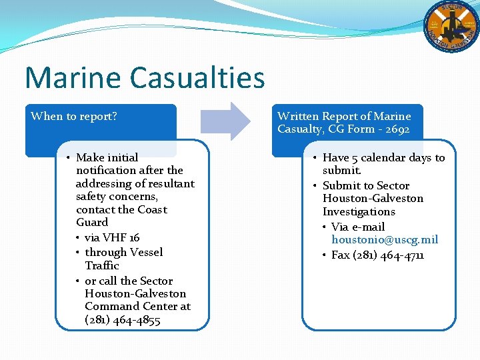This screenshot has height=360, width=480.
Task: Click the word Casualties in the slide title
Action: click(197, 77)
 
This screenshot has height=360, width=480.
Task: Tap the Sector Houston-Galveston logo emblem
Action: click(451, 26)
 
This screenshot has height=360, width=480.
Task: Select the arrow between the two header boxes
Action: click(225, 121)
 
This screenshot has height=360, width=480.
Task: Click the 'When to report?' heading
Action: click(74, 117)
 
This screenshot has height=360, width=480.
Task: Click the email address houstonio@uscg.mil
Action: click(385, 239)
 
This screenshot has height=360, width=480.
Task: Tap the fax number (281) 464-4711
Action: click(378, 255)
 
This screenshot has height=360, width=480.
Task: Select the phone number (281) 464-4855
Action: click(123, 319)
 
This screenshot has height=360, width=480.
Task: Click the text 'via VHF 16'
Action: click(112, 237)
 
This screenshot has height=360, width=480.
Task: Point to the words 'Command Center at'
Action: click(137, 306)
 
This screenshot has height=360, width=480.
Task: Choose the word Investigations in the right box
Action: click(359, 211)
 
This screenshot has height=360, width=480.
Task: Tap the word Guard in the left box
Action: click(92, 222)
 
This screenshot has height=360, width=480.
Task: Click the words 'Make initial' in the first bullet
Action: click(107, 158)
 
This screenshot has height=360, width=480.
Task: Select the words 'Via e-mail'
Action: click(358, 227)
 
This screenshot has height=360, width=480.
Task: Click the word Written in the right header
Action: click(297, 117)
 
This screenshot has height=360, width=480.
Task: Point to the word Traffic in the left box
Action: click(102, 265)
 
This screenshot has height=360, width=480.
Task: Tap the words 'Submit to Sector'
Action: click(365, 185)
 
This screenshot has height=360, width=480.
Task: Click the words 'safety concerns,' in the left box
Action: click(117, 197)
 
